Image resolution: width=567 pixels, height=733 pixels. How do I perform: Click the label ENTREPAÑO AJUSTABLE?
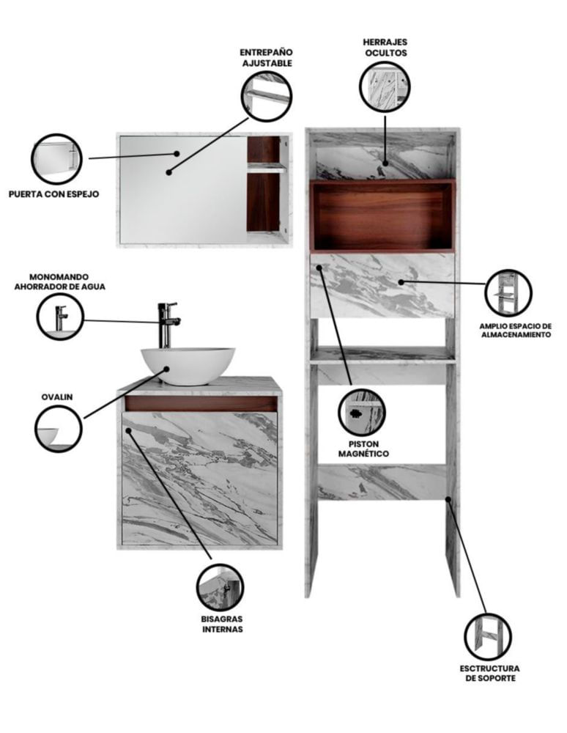pos(267,58)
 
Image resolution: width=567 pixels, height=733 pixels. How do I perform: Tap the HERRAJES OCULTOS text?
pos(385,48)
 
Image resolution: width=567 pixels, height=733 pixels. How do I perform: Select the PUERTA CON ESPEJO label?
pos(53,194)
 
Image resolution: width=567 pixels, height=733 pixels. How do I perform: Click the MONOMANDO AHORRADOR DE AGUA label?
pos(59,282)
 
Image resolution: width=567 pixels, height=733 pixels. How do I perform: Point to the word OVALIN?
pos(57,397)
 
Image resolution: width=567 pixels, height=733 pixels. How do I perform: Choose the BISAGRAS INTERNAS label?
pos(222,624)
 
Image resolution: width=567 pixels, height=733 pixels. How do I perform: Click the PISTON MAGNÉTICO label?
pos(363,449)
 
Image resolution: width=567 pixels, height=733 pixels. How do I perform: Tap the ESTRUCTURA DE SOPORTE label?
pos(489,673)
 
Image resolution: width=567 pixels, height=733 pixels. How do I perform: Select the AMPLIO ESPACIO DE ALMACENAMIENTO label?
pos(516,331)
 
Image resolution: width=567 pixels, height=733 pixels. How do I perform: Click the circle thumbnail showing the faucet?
pos(60,317)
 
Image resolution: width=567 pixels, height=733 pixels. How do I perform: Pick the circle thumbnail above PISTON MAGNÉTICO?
pos(362,412)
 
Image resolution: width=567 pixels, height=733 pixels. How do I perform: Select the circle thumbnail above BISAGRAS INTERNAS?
pos(220,587)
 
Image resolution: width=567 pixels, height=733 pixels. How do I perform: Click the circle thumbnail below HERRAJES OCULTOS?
pos(385,86)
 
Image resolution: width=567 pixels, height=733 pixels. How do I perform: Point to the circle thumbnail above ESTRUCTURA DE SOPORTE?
pos(488,637)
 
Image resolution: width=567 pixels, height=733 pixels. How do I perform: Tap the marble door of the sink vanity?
pos(200,478)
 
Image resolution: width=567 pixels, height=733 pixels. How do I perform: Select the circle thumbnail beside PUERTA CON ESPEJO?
pos(56,159)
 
